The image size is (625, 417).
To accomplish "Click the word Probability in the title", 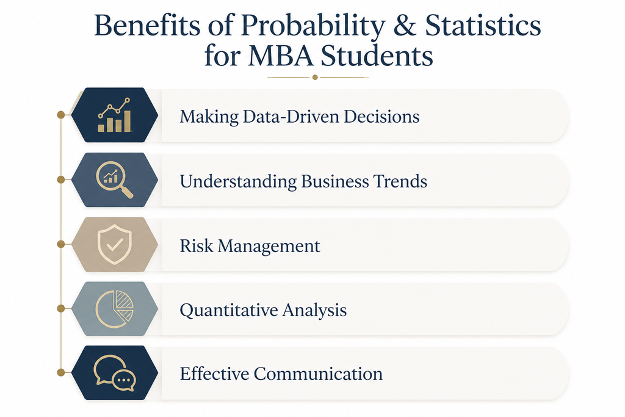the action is point(313,26).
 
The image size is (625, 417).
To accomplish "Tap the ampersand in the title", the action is point(405,26).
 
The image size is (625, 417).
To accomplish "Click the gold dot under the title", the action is point(315,78).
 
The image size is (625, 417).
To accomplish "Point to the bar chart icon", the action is point(114,115).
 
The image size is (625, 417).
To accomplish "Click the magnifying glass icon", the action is point(114,179).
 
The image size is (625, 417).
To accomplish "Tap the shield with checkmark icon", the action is point(114,244).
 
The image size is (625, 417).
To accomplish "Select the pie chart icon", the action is point(114,309).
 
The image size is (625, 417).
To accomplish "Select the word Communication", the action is point(318,374).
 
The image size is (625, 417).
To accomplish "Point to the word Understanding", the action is point(238,182).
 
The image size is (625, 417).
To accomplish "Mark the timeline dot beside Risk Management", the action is point(61,244).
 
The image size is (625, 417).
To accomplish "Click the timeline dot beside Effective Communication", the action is point(61,372).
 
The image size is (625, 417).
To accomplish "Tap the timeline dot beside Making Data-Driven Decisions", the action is point(61,115).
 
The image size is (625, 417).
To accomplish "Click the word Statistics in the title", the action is point(483,26).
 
